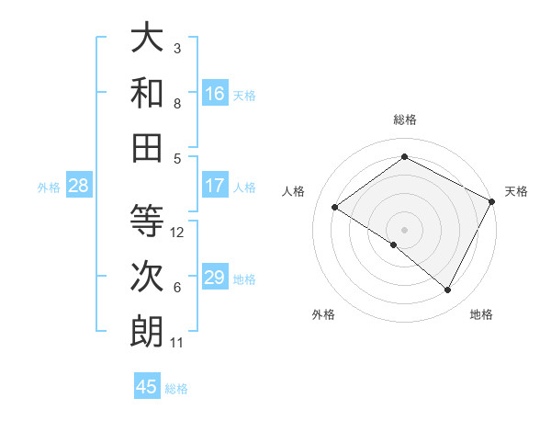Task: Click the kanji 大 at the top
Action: [147, 38]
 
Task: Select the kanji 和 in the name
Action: [147, 93]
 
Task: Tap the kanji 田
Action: [147, 148]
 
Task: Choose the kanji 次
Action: [147, 277]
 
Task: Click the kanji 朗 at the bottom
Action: [147, 332]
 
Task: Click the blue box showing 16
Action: [215, 93]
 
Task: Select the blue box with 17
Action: [215, 186]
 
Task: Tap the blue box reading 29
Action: [215, 278]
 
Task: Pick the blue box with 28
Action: [79, 186]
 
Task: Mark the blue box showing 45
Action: [147, 387]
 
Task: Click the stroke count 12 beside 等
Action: [178, 233]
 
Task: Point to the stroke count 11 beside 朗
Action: [177, 343]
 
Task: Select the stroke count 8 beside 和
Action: [177, 104]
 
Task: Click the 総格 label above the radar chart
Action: [404, 119]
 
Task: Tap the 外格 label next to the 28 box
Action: [49, 187]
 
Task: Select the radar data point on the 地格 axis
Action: [448, 290]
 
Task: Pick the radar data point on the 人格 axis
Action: [335, 207]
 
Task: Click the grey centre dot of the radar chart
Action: [404, 229]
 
